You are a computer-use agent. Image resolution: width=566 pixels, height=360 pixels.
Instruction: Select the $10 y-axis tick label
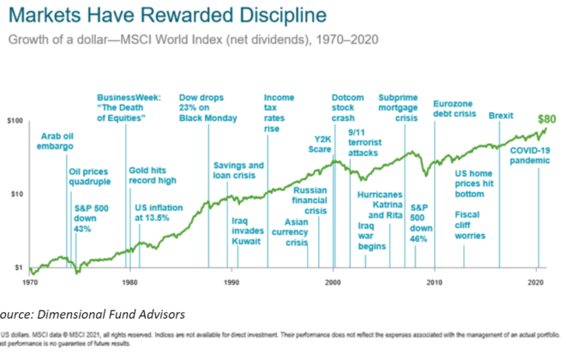(x=15, y=195)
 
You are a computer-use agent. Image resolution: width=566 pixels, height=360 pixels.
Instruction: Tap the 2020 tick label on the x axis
(x=537, y=281)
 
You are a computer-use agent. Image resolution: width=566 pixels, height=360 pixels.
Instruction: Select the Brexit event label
(x=500, y=115)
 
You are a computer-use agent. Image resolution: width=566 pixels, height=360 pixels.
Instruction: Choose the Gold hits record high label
(x=153, y=176)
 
